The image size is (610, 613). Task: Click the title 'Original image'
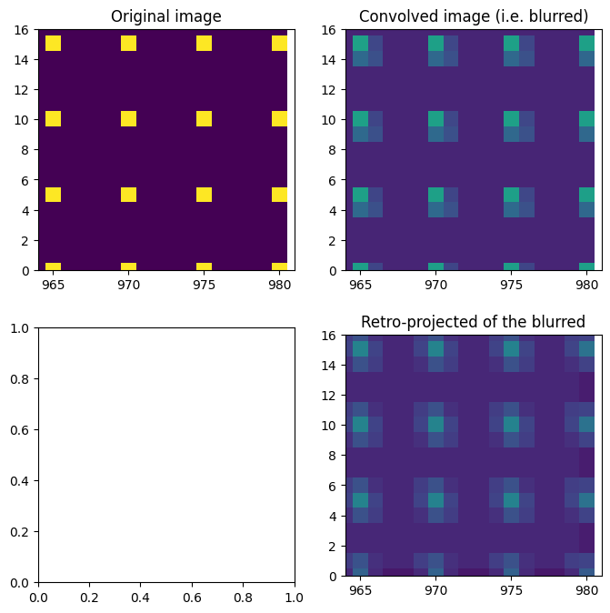coord(165,16)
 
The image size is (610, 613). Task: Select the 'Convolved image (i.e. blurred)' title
coord(473,16)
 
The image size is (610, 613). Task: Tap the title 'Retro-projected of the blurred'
coord(473,322)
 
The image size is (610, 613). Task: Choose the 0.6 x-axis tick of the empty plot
coord(192,596)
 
